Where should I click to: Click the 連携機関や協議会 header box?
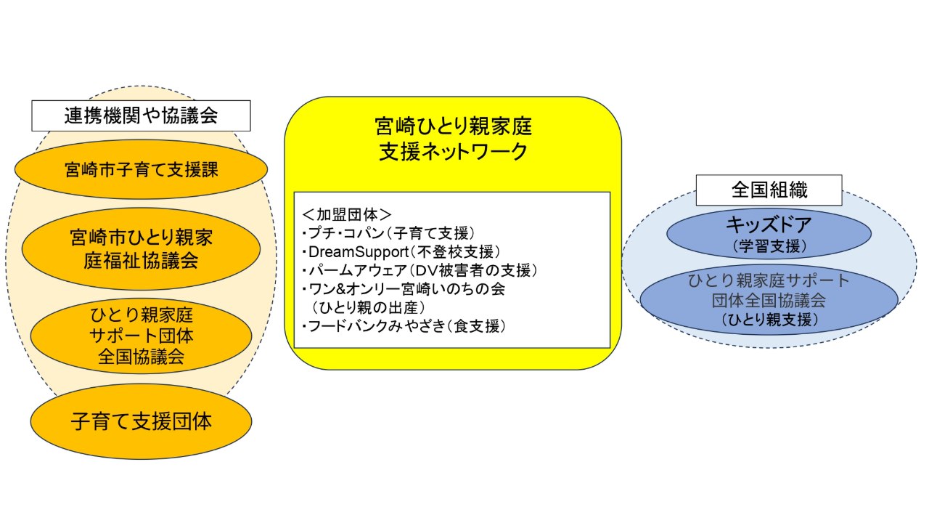click(x=141, y=115)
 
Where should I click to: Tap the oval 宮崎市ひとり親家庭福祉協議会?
click(x=141, y=248)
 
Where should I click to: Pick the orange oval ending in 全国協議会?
click(x=141, y=336)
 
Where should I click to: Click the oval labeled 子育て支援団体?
click(x=141, y=421)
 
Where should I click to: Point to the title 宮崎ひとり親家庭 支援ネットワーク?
click(x=454, y=140)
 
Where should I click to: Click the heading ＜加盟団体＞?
click(x=347, y=214)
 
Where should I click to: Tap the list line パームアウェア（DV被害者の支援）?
click(x=419, y=271)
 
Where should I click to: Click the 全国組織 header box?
click(x=769, y=190)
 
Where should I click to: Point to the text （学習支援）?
click(x=769, y=246)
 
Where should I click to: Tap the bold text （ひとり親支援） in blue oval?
click(x=769, y=319)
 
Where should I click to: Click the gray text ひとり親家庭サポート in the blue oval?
click(x=769, y=281)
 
